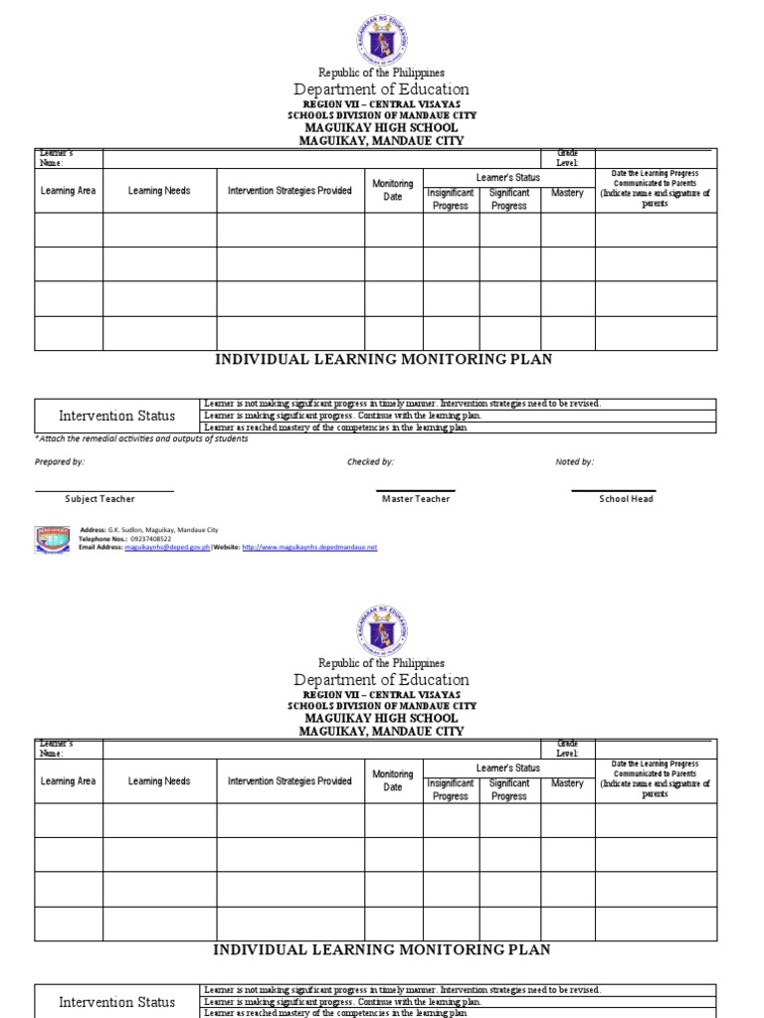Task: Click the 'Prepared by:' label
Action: coord(60,462)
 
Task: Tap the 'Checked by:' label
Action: coord(370,462)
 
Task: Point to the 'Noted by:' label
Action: coord(574,462)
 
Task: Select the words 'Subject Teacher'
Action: coord(99,499)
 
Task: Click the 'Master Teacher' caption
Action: coord(416,499)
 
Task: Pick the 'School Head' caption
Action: coord(626,499)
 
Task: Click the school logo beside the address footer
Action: coord(53,538)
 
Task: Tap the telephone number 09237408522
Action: coord(150,539)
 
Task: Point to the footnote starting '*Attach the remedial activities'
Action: coord(141,438)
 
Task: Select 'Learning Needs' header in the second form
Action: coord(159,781)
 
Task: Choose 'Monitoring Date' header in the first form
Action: coord(393,191)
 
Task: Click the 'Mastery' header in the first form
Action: coord(567,193)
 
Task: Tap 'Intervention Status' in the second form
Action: coord(117,1002)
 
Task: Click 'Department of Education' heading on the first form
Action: coord(381,89)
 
